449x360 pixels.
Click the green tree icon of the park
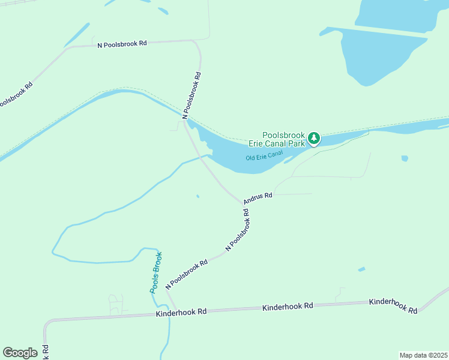313,139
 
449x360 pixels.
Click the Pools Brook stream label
155,272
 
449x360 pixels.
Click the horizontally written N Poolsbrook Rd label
122,44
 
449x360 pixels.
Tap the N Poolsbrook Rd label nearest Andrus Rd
238,230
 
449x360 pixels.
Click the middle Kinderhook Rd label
288,307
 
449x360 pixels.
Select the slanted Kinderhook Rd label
393,306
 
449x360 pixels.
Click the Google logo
20,353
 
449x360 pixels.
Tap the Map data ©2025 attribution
423,355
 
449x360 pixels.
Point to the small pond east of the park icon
405,158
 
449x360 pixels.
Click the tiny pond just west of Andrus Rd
198,196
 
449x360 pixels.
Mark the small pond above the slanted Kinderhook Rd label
361,269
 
